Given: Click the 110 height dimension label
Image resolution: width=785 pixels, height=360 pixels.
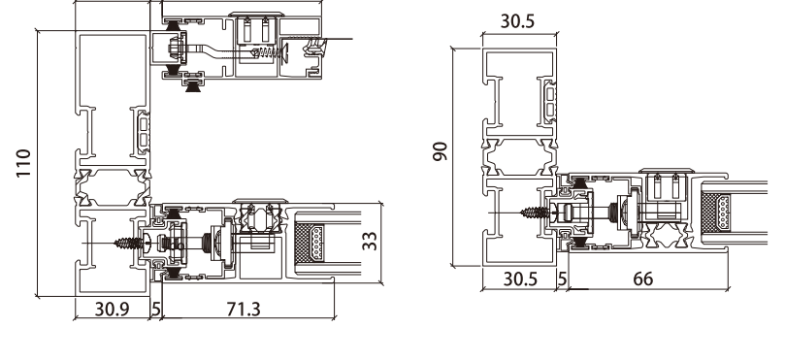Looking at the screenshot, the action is pyautogui.click(x=23, y=163).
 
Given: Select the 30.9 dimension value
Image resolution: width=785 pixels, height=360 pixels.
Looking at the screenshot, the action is pyautogui.click(x=113, y=309).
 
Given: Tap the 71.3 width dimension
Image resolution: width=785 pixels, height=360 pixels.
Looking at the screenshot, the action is pyautogui.click(x=244, y=309).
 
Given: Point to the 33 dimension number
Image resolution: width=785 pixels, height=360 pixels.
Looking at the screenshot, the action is pyautogui.click(x=370, y=241).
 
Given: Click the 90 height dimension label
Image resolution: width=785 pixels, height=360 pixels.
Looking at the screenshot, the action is pyautogui.click(x=441, y=151).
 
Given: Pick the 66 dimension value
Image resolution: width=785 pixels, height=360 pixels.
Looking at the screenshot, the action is pyautogui.click(x=643, y=278).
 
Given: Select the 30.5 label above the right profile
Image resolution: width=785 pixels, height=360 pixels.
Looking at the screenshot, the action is pyautogui.click(x=517, y=21).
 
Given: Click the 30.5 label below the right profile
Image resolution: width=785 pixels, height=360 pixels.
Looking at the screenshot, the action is pyautogui.click(x=520, y=278).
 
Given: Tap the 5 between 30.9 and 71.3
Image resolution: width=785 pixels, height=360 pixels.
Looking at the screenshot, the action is pyautogui.click(x=155, y=309).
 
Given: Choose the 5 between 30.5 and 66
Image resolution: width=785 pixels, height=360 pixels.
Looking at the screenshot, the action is pyautogui.click(x=562, y=278).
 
